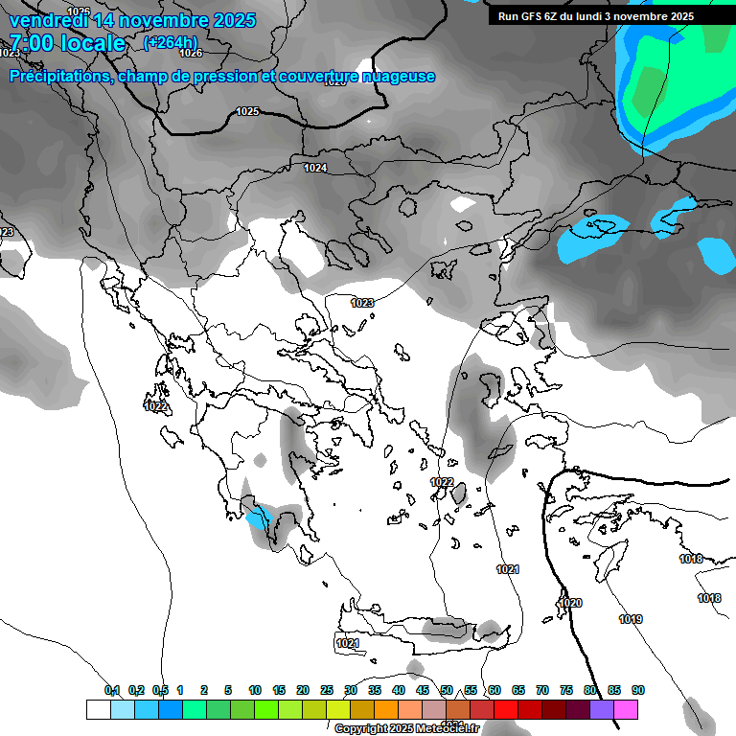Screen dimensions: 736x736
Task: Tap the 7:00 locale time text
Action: pyautogui.click(x=67, y=43)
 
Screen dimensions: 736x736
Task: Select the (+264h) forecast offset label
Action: pyautogui.click(x=171, y=42)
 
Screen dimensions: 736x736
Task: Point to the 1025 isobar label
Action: pyautogui.click(x=247, y=111)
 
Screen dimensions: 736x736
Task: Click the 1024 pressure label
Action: pyautogui.click(x=314, y=168)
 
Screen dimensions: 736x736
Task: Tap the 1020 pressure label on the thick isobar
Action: pyautogui.click(x=569, y=603)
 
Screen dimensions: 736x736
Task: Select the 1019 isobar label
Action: pyautogui.click(x=631, y=619)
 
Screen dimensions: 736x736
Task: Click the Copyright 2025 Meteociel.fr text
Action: pyautogui.click(x=406, y=728)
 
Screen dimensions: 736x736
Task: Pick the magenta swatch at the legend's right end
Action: pyautogui.click(x=626, y=709)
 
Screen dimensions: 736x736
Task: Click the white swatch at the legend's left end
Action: pyautogui.click(x=98, y=709)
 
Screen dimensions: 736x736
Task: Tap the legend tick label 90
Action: pyautogui.click(x=638, y=690)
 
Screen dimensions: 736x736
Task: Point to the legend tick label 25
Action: pyautogui.click(x=327, y=690)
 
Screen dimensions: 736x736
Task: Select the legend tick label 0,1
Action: pyautogui.click(x=112, y=690)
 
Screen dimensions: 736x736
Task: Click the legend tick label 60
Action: pyautogui.click(x=494, y=690)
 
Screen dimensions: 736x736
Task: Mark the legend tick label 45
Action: pyautogui.click(x=423, y=690)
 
